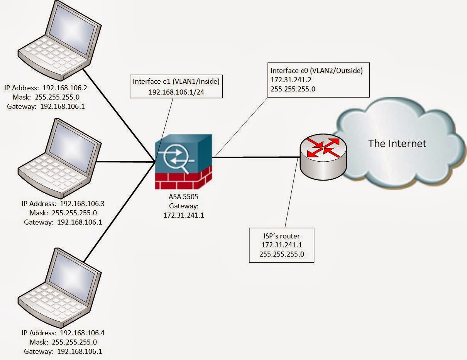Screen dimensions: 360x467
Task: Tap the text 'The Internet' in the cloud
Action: point(397,144)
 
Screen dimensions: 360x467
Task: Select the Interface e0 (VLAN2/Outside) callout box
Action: point(319,79)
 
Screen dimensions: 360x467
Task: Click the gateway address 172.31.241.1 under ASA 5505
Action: point(183,215)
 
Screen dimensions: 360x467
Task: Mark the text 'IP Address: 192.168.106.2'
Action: point(46,88)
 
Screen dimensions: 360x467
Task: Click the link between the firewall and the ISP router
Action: point(257,157)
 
